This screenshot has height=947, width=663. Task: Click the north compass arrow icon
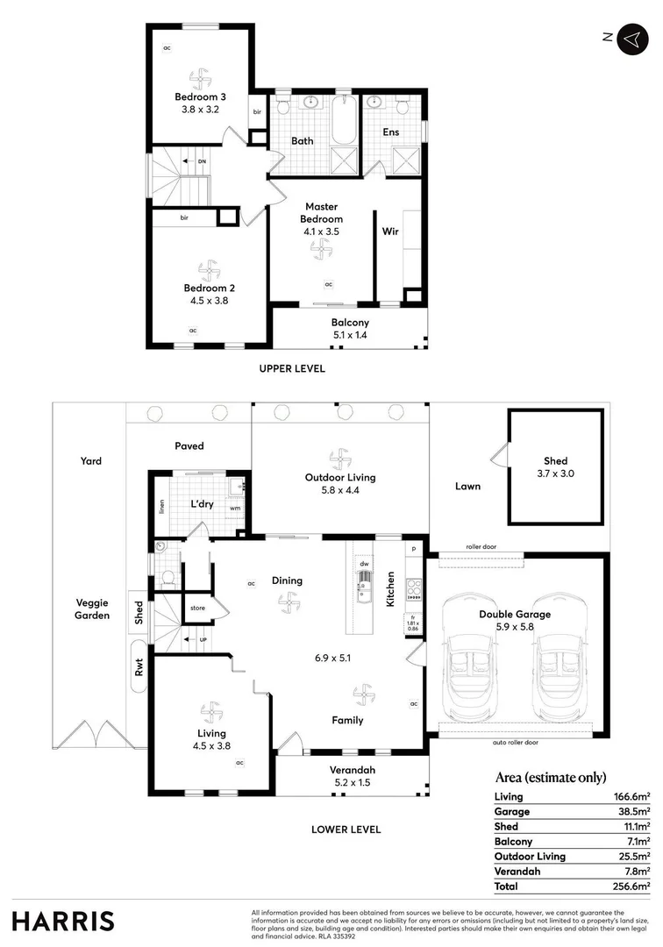[631, 39]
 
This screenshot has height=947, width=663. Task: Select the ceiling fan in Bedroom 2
[209, 267]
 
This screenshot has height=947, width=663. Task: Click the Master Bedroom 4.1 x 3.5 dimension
[321, 231]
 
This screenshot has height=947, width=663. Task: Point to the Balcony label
[350, 323]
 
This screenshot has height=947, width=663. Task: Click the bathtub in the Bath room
[344, 123]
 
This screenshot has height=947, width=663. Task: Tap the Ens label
[391, 132]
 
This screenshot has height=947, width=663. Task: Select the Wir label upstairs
[391, 232]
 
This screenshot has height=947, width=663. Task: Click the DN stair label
[202, 161]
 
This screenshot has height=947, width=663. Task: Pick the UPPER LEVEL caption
[292, 369]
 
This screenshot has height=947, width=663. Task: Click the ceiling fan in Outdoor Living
[339, 458]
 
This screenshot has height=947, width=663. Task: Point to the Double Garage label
[515, 615]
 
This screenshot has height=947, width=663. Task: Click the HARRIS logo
[63, 921]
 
